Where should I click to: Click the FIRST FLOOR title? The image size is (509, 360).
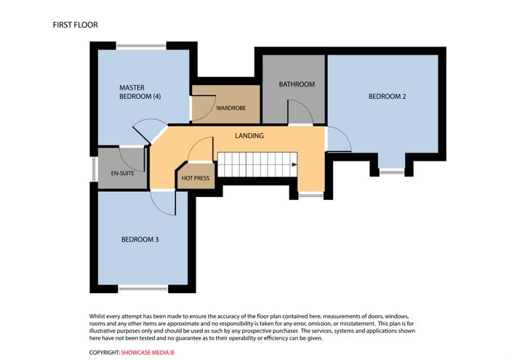click(76, 25)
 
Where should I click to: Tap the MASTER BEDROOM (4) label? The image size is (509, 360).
click(140, 92)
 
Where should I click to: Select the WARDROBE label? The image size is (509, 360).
click(231, 108)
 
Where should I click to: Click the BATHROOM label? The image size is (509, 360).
click(297, 84)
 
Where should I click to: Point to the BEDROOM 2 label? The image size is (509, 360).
click(388, 97)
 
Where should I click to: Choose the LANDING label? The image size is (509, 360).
click(249, 136)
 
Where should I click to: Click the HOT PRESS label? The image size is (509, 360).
click(196, 178)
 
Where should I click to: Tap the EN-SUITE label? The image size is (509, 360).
click(122, 173)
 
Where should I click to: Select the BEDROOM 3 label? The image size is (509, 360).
click(140, 239)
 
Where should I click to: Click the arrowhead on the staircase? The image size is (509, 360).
click(294, 164)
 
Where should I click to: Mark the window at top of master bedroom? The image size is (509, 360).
click(141, 46)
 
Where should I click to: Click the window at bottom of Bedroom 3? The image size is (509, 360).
click(143, 287)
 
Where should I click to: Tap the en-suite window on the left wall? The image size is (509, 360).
click(94, 169)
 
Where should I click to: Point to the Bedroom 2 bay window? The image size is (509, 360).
click(392, 172)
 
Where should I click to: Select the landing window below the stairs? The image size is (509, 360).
click(310, 195)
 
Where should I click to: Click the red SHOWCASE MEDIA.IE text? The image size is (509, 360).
click(148, 353)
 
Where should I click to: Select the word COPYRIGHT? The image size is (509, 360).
click(105, 353)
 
